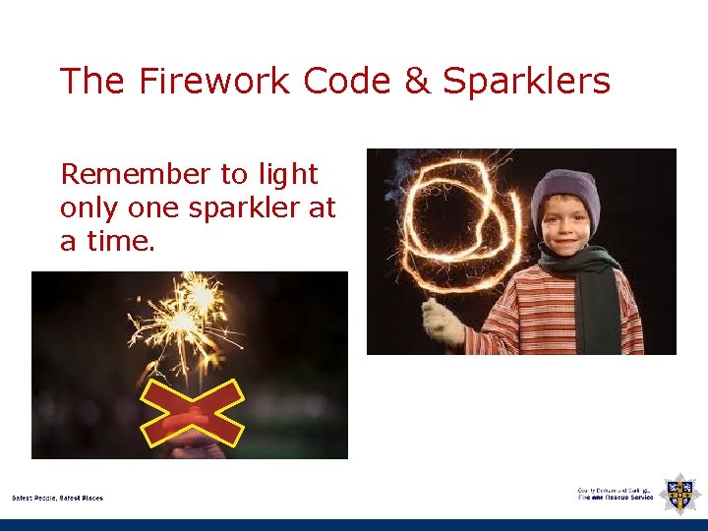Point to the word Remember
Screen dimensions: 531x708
tap(135, 175)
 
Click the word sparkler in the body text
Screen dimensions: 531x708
tap(243, 207)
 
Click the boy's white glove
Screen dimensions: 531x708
tap(442, 322)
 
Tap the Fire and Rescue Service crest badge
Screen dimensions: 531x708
tap(679, 493)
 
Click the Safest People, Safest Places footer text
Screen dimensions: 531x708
tap(57, 498)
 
